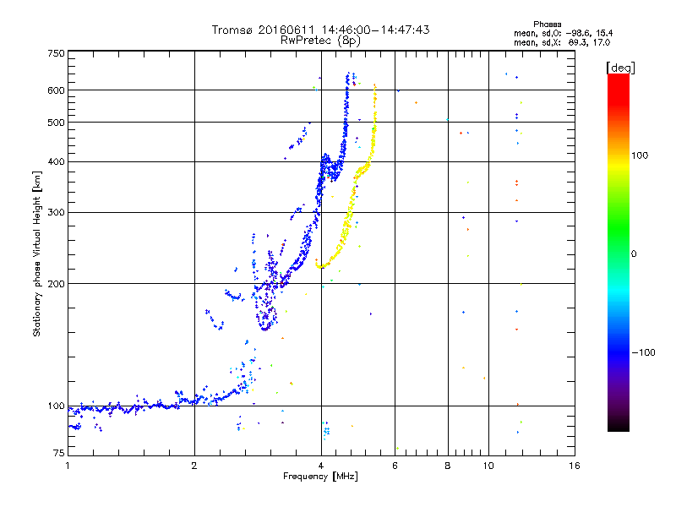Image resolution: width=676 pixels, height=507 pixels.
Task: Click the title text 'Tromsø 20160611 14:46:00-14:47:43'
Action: (320, 30)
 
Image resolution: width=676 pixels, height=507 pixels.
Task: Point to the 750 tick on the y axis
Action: (56, 53)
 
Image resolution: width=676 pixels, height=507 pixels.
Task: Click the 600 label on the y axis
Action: (56, 90)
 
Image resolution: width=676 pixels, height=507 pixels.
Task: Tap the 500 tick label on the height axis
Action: (56, 123)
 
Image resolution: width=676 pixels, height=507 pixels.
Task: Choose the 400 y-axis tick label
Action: (56, 162)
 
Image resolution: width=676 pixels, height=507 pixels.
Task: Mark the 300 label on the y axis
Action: (56, 213)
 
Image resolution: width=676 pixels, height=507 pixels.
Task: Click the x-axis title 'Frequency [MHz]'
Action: (320, 477)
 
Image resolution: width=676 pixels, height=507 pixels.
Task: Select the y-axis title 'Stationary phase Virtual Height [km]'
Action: (37, 254)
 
